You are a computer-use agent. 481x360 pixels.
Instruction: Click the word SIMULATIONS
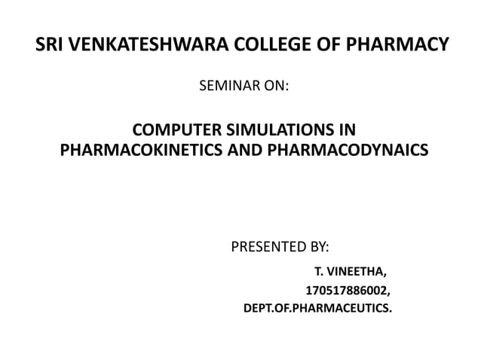(283, 129)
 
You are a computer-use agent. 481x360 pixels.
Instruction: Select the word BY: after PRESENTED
(320, 246)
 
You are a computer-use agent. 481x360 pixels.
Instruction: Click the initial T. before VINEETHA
(319, 271)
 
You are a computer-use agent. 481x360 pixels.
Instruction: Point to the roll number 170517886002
(346, 290)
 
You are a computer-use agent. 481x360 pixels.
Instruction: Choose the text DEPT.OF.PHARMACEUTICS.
(317, 308)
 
